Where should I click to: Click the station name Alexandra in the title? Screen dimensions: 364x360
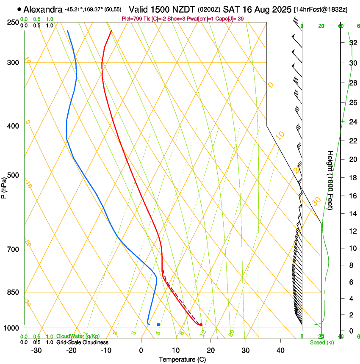point(43,9)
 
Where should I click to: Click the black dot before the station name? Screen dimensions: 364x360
point(19,9)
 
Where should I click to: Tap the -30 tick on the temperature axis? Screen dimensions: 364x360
point(36,350)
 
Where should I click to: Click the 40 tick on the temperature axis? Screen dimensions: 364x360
point(280,350)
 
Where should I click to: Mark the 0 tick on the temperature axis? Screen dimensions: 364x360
point(141,350)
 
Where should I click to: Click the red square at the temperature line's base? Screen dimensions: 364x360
point(201,325)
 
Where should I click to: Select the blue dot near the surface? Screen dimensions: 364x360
point(158,325)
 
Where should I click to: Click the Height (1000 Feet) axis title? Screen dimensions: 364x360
point(330,180)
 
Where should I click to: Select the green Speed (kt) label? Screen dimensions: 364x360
point(321,342)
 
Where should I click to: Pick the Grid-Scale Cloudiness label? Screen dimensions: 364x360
point(83,342)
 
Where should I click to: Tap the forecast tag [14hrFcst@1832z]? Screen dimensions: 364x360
point(320,9)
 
